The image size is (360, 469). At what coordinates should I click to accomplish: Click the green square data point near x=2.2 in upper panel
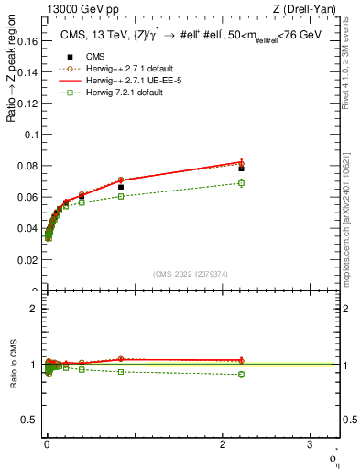[x=241, y=183]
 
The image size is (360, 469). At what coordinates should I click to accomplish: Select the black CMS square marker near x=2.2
[x=241, y=169]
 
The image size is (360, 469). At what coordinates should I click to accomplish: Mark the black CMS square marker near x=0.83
[x=120, y=187]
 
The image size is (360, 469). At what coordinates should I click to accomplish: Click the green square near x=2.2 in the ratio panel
[x=241, y=374]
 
